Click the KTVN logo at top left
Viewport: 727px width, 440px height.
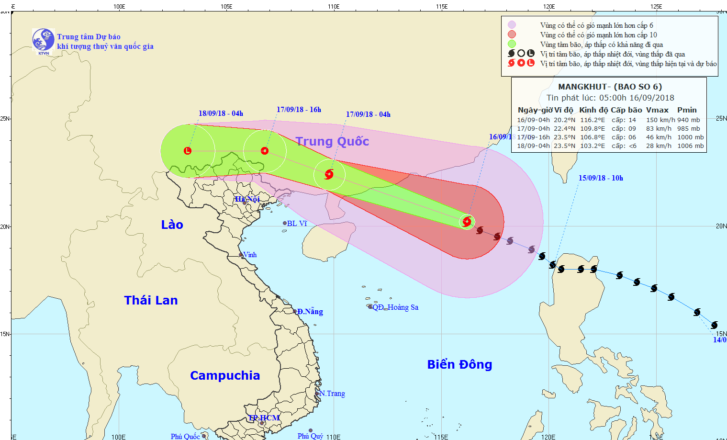coord(43,40)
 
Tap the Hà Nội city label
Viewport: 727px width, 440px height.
coord(247,199)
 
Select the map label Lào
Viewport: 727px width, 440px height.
coord(172,225)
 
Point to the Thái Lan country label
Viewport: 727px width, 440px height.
coord(151,300)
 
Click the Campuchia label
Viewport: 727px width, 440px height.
coord(225,375)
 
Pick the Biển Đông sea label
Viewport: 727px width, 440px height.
coord(459,364)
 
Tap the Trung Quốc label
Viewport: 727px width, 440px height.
coord(332,141)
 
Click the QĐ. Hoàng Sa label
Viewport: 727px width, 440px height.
coord(395,307)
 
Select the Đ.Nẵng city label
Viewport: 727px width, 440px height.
coord(310,312)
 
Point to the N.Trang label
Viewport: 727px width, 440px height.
coord(332,394)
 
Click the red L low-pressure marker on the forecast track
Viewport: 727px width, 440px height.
coord(188,151)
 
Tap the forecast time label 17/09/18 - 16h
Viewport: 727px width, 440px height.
coord(299,110)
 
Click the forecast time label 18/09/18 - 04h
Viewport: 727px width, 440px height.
coord(221,113)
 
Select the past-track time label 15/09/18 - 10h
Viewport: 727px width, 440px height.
coord(601,178)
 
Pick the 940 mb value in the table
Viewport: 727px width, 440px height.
coord(688,120)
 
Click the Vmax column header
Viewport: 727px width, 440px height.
coord(657,110)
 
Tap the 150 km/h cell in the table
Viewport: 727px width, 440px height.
coord(660,120)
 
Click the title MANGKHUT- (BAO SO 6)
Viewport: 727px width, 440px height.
coord(610,87)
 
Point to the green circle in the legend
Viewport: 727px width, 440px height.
coord(512,44)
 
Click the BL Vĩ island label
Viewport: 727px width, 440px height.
coord(297,224)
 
